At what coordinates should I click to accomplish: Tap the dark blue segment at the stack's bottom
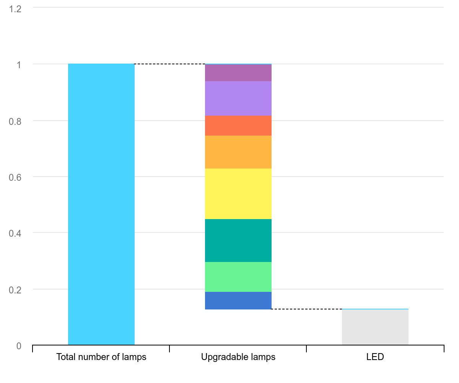[x=238, y=300]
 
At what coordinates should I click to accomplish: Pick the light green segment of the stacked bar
[x=238, y=277]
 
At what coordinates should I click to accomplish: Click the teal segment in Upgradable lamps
[x=238, y=240]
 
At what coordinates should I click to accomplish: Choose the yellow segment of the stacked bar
[x=238, y=193]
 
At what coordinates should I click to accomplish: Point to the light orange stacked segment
[x=238, y=152]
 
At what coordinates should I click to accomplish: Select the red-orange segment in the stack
[x=238, y=125]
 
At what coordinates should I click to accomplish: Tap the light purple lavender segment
[x=238, y=98]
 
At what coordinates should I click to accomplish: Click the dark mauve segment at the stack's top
[x=238, y=72]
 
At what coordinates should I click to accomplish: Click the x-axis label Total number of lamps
[x=101, y=357]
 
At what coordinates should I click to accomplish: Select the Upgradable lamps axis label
[x=238, y=357]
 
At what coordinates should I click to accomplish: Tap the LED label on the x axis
[x=375, y=357]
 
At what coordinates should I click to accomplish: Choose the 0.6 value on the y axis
[x=15, y=177]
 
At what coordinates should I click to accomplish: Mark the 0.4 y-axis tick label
[x=15, y=233]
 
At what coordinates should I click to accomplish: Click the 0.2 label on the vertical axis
[x=15, y=290]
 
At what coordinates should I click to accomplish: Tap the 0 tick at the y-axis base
[x=19, y=346]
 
